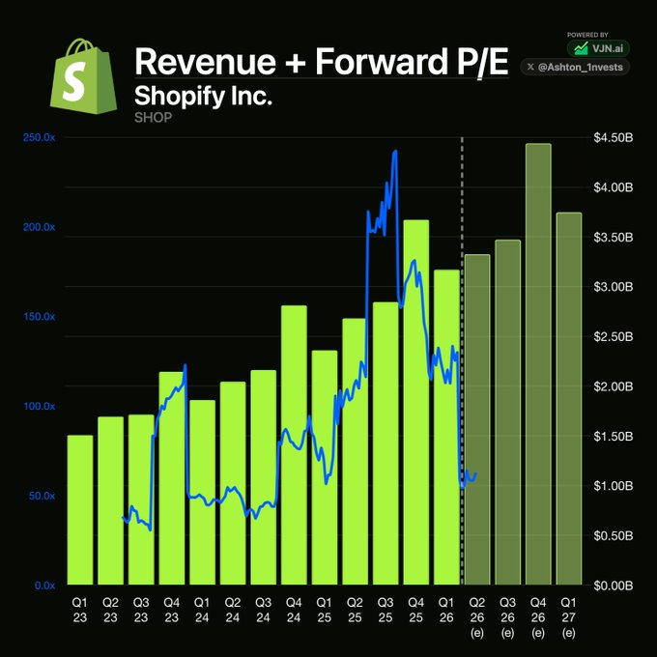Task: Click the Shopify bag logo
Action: coord(83,76)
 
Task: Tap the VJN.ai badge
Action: coord(598,48)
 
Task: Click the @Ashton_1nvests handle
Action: coord(575,67)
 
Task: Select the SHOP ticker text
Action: coord(153,117)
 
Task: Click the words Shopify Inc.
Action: coord(203,96)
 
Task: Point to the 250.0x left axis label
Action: coord(39,138)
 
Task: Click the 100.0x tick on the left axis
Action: coord(39,406)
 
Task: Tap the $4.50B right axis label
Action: coord(613,138)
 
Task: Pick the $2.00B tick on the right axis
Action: coord(613,386)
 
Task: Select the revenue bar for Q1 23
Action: coord(80,510)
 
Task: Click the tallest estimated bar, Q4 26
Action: coord(538,364)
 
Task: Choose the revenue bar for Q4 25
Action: coord(416,402)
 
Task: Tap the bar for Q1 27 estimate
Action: coord(569,398)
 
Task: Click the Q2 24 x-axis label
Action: coord(233,610)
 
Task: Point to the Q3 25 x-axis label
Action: coord(386,610)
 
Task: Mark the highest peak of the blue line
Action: coord(395,151)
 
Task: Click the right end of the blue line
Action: coord(476,474)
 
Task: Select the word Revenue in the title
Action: coord(205,61)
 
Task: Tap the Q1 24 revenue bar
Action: coord(202,493)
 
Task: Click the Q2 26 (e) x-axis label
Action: coord(477,617)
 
